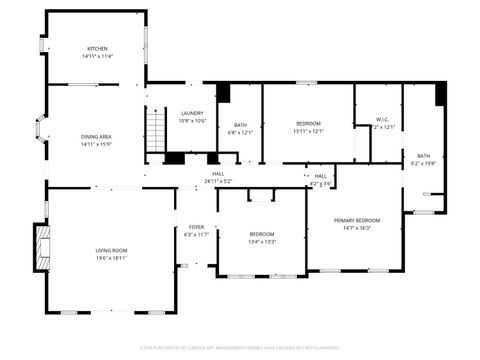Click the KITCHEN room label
[97, 48]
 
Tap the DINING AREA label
[96, 136]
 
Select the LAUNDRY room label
[192, 113]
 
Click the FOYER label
[196, 227]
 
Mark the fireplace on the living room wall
[41, 246]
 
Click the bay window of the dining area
[40, 128]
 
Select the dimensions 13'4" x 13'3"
[262, 241]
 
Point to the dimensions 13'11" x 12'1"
[308, 131]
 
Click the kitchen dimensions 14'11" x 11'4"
[97, 56]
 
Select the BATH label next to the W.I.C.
[423, 155]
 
